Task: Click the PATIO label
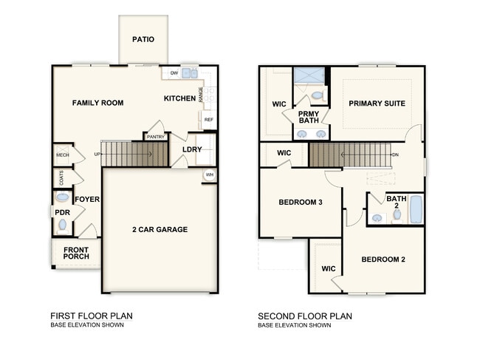pos(143,39)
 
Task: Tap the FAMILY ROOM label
pos(97,103)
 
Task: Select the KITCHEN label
pos(179,98)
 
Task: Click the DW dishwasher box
pos(174,73)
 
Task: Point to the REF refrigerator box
pos(208,120)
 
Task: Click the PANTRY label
pos(155,137)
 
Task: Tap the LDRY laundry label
pos(192,150)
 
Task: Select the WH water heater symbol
pos(210,175)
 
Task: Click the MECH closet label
pos(62,155)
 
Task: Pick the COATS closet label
pos(61,177)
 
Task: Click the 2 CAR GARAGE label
pos(159,229)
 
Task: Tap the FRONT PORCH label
pos(76,254)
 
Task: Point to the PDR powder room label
pos(62,212)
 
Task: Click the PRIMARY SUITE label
pos(377,103)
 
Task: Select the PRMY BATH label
pos(309,117)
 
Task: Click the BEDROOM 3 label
pos(301,203)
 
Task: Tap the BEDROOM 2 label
pos(383,259)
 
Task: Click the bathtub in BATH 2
pos(415,209)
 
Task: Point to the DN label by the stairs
pos(396,154)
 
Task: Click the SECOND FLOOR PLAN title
pos(305,316)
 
